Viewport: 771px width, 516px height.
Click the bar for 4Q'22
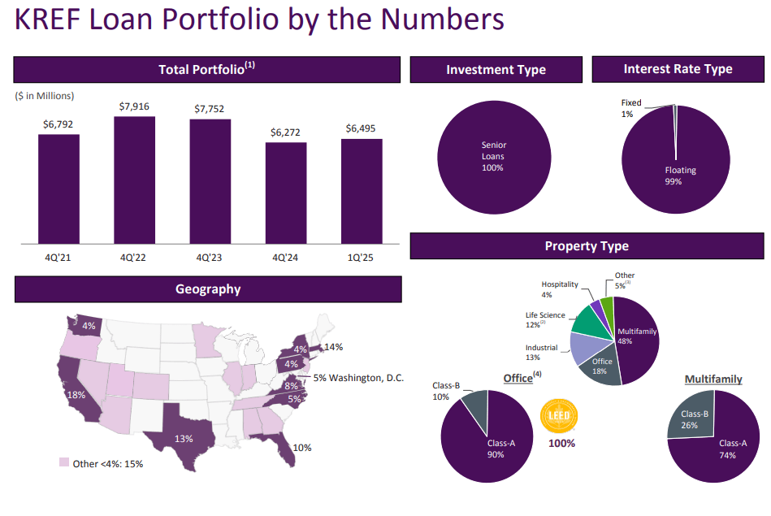[134, 180]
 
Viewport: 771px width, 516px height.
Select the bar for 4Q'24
[286, 193]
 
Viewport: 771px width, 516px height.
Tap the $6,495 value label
[362, 128]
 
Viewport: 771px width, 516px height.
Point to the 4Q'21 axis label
[58, 258]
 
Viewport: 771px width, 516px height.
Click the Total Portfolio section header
[207, 70]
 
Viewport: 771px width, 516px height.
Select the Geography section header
[208, 289]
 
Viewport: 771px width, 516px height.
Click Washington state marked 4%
[84, 326]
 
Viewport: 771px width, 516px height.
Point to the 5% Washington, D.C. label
[357, 378]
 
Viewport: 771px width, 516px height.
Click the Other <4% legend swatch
[64, 462]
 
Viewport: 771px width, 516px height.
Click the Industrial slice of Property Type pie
[584, 348]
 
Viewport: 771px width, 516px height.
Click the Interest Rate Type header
[678, 70]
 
